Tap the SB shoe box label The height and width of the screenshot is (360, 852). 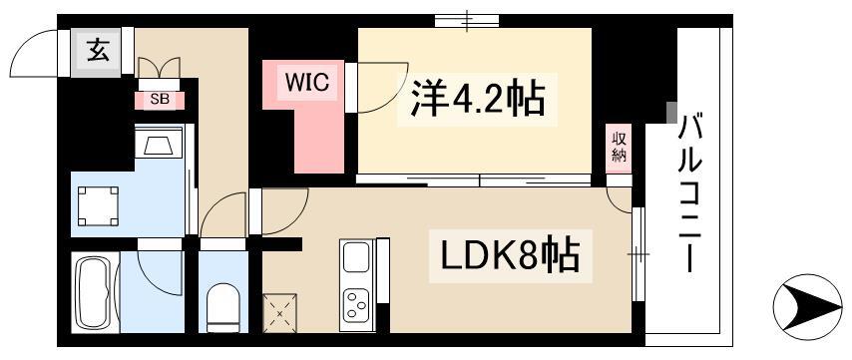(x=159, y=99)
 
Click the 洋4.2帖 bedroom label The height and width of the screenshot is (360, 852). (x=473, y=98)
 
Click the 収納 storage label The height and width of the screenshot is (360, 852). (x=619, y=147)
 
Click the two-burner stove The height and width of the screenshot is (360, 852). (x=355, y=304)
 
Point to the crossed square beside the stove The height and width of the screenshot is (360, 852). (x=279, y=313)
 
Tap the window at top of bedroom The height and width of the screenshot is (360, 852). (x=467, y=20)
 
